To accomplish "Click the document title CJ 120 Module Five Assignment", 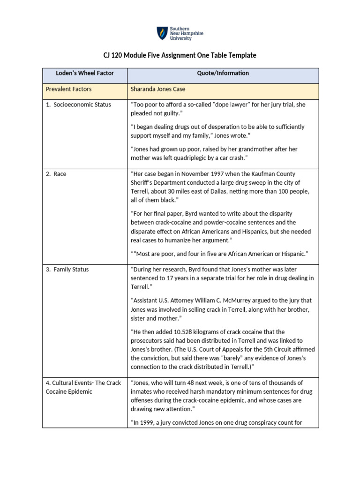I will pos(180,55).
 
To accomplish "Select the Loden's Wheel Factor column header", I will pos(85,73).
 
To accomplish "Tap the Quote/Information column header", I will pos(223,73).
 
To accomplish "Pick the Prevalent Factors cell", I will pos(68,89).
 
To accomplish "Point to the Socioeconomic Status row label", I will pos(78,105).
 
